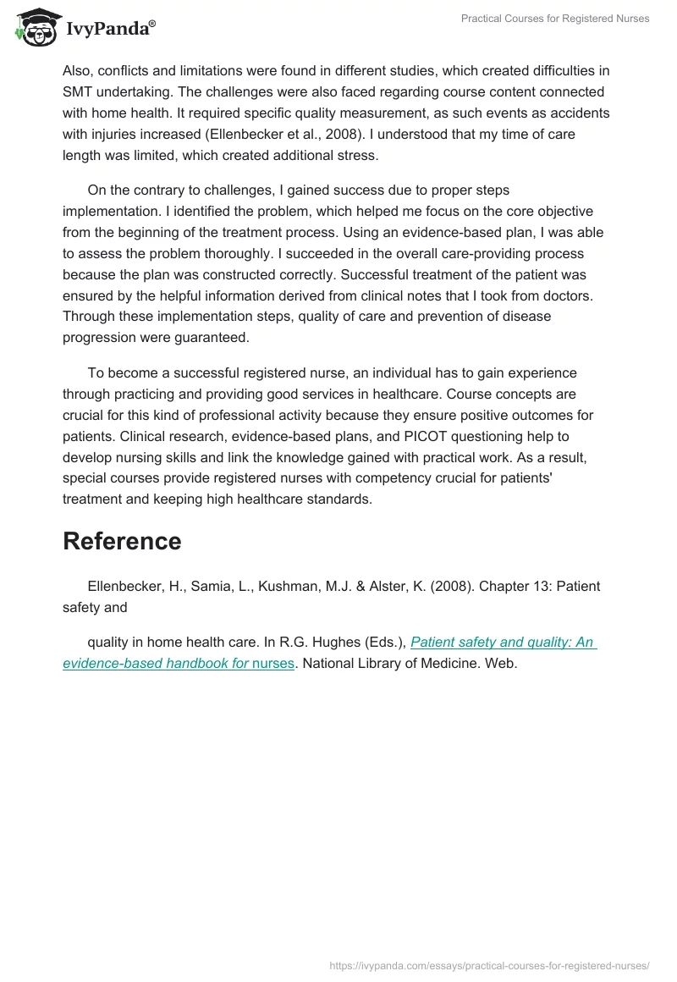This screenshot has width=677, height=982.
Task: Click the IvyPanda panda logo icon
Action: tap(33, 28)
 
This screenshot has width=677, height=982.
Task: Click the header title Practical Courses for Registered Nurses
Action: tap(555, 19)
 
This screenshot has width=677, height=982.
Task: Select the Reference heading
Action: tap(122, 542)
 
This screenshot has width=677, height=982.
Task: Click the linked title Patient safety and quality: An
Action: tap(503, 642)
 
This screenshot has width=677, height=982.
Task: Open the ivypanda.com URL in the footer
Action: tap(489, 964)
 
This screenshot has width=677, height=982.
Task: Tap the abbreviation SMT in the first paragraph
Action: tap(80, 91)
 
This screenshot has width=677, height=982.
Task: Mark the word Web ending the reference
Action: tap(500, 664)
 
